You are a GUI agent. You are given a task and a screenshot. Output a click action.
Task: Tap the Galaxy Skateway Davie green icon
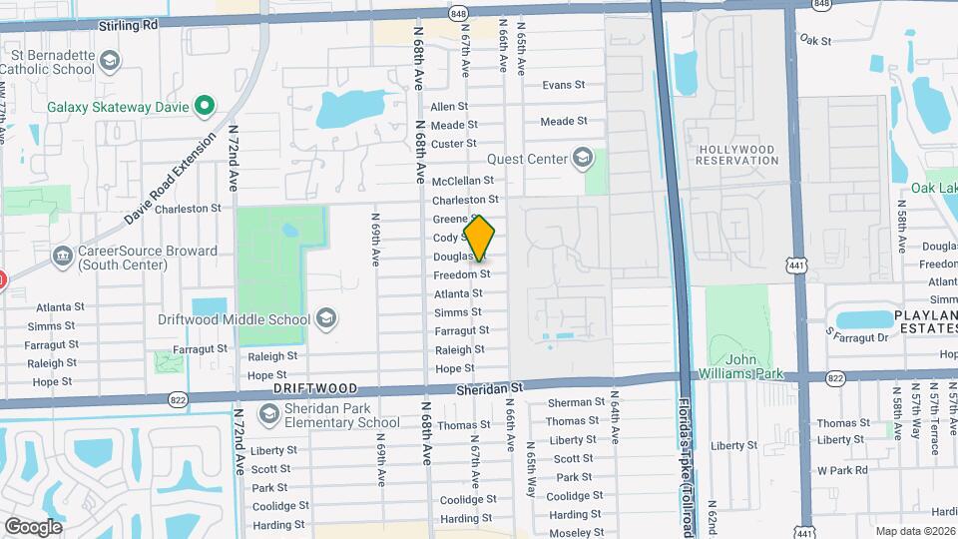(205, 105)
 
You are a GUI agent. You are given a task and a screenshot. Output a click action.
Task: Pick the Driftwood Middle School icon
(325, 319)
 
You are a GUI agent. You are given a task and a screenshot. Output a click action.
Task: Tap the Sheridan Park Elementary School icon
(268, 413)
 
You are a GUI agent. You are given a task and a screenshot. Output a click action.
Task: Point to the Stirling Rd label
(130, 26)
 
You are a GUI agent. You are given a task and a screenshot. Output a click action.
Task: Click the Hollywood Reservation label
(736, 155)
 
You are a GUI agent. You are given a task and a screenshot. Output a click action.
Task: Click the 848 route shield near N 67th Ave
(458, 13)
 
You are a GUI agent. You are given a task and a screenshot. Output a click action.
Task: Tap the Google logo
(33, 526)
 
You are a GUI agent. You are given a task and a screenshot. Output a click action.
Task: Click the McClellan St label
(463, 181)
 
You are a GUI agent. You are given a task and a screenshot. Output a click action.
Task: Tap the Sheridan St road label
(489, 386)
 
